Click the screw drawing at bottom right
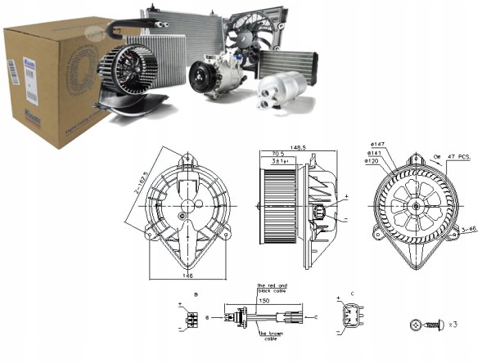423,325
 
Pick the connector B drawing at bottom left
191,317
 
